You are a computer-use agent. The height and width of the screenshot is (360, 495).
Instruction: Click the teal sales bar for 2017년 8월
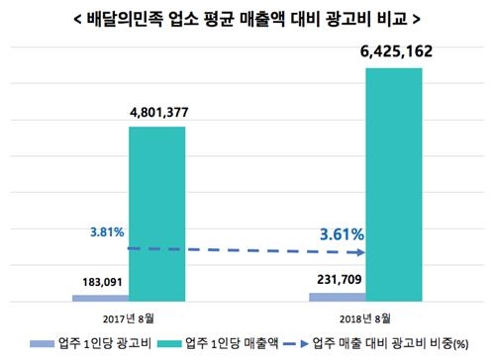coord(157,213)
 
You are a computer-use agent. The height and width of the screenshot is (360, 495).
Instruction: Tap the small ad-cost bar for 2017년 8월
coord(100,297)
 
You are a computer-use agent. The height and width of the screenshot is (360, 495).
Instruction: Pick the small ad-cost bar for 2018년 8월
coord(337,296)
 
